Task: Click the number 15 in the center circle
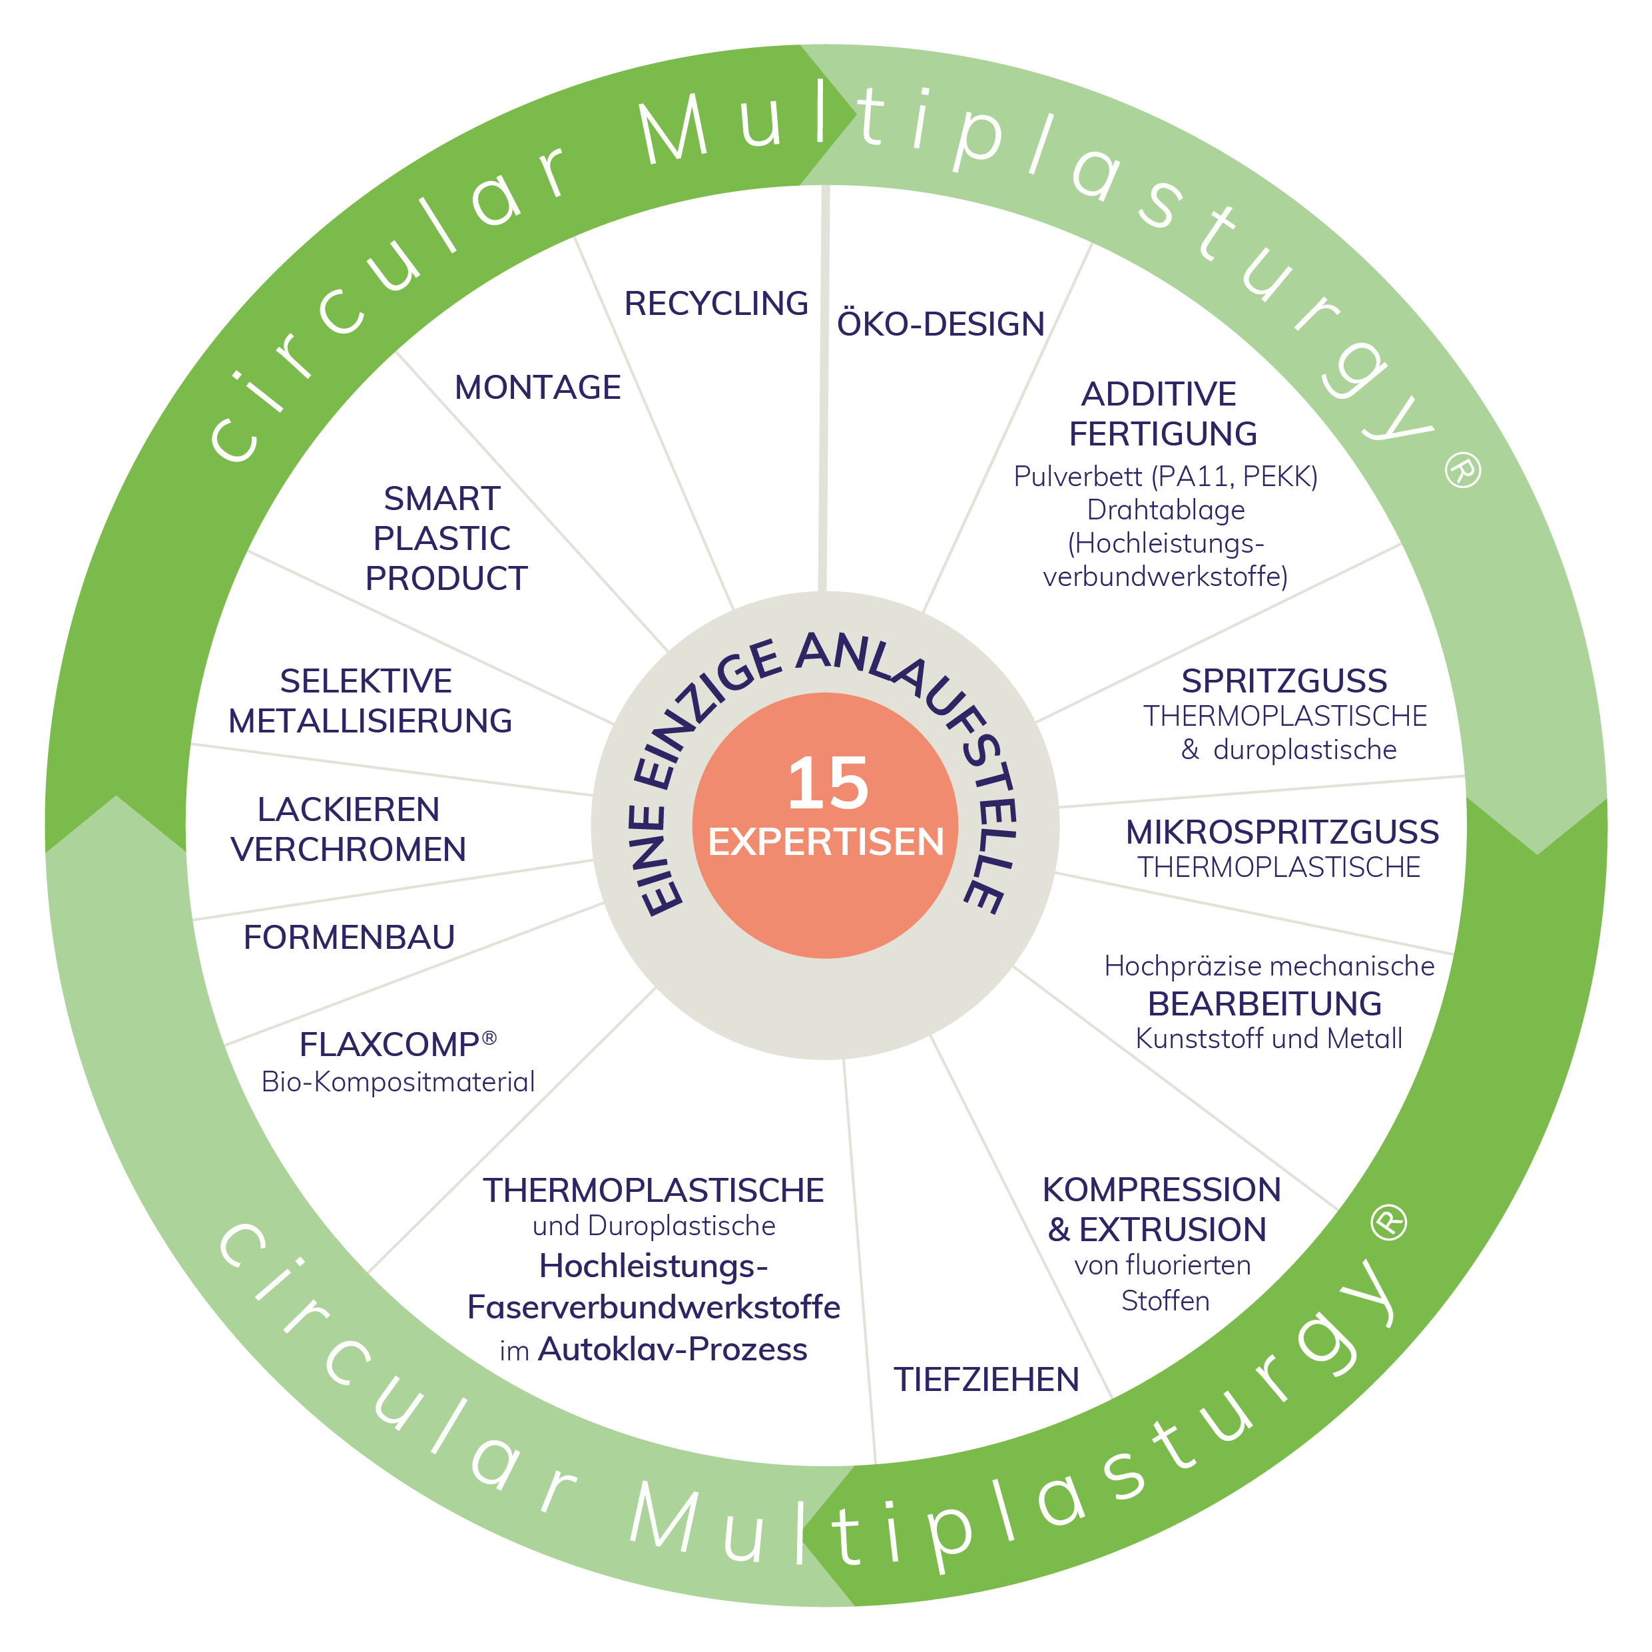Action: (828, 782)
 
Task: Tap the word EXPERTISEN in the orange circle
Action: (826, 842)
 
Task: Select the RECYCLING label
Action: (716, 304)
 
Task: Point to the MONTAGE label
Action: (538, 388)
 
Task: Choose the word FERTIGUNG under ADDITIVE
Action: (1163, 434)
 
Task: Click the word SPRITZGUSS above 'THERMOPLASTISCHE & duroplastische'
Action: (1284, 681)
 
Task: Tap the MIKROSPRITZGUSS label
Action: (1282, 832)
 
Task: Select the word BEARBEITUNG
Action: (1264, 1004)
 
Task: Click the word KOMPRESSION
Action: (1162, 1189)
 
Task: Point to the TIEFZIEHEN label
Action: (987, 1379)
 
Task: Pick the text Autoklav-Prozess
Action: (673, 1349)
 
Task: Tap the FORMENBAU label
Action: (349, 937)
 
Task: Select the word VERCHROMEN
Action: (349, 849)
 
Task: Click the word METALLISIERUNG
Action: (370, 721)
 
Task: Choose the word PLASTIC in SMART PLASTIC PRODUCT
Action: (442, 539)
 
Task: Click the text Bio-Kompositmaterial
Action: (398, 1081)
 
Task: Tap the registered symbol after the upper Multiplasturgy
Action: (1462, 470)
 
